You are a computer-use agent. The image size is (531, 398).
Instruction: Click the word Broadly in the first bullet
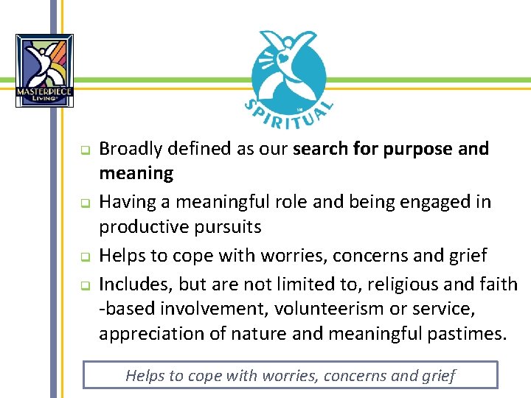tap(130, 149)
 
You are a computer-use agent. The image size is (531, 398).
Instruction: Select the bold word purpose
tap(417, 149)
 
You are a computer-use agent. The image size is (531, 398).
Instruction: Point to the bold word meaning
tap(136, 175)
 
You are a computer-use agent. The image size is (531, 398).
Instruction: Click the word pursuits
tap(231, 227)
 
